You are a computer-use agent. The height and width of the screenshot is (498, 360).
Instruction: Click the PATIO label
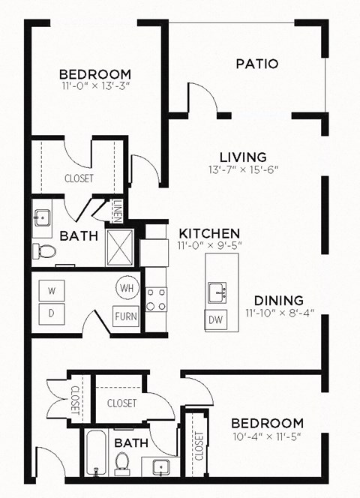click(x=257, y=64)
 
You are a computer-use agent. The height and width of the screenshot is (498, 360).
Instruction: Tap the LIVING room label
click(x=243, y=157)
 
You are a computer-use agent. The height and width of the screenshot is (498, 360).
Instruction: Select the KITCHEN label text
click(x=208, y=233)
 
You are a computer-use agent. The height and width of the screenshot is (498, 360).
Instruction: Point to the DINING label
click(x=278, y=299)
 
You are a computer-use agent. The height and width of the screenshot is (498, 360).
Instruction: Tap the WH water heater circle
click(x=125, y=287)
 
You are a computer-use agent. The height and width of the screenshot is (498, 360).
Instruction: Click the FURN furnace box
click(x=125, y=316)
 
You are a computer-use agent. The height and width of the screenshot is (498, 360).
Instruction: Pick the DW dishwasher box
click(x=216, y=318)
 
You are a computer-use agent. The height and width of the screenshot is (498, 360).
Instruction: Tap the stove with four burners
click(x=156, y=298)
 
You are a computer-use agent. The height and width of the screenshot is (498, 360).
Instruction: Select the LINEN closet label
click(x=118, y=211)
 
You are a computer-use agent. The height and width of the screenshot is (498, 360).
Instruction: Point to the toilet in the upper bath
click(x=45, y=251)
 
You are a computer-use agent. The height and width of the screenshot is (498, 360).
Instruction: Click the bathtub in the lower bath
click(x=97, y=452)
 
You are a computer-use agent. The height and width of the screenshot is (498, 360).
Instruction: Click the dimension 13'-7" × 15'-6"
click(x=243, y=169)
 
